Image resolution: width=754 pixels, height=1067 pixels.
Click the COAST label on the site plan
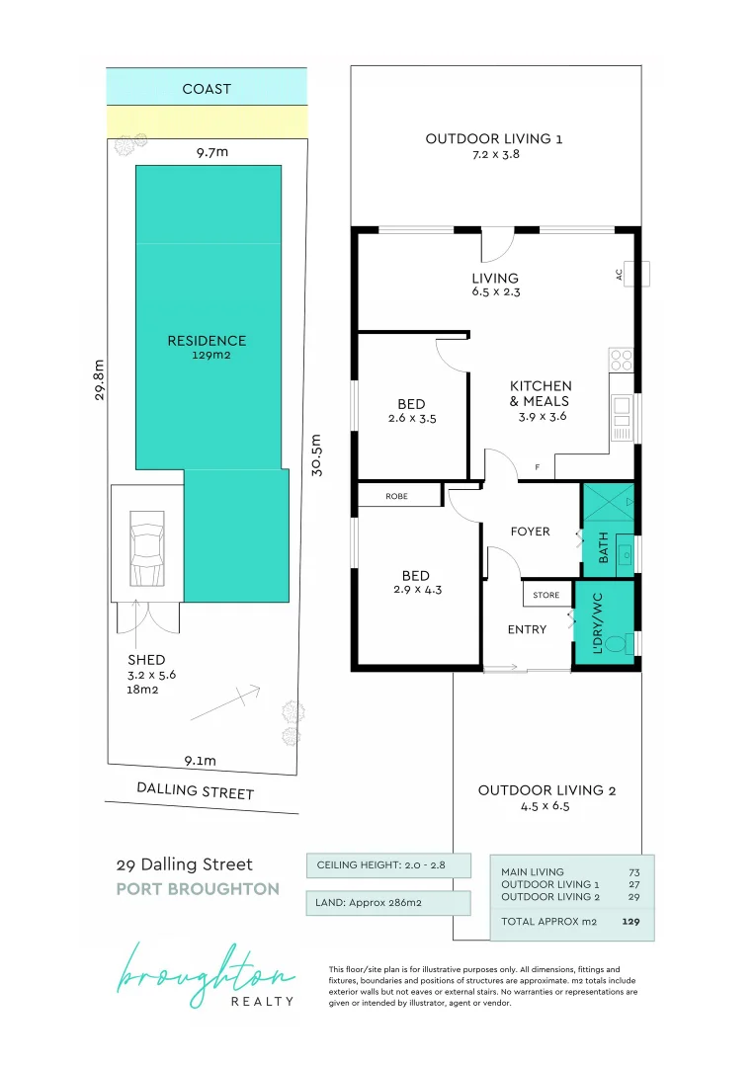[x=207, y=89]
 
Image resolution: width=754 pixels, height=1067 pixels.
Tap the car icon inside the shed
[x=147, y=548]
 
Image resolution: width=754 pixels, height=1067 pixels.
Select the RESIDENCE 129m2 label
[x=207, y=347]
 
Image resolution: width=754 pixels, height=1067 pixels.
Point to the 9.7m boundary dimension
[x=212, y=152]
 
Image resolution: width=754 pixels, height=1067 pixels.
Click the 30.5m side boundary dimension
[x=316, y=455]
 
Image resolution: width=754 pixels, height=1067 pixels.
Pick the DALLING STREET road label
[x=196, y=790]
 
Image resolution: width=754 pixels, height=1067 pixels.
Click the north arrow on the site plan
[x=225, y=703]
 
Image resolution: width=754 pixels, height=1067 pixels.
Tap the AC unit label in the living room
[x=619, y=275]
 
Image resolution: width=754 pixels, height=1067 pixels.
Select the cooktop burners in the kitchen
[x=621, y=360]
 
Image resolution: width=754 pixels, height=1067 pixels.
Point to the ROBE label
[x=396, y=497]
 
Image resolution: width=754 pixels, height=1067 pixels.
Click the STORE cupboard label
[x=545, y=595]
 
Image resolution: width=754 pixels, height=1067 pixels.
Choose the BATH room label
[x=603, y=547]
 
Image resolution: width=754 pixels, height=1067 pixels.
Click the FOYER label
[x=530, y=532]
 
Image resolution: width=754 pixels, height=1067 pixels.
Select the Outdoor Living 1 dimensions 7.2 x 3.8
[x=496, y=154]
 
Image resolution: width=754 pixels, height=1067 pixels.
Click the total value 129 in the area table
[x=630, y=922]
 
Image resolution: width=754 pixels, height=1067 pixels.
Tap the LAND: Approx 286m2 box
[x=388, y=903]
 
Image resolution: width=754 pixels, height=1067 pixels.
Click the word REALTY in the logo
[x=262, y=1001]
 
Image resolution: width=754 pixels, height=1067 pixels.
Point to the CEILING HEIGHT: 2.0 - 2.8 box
[x=388, y=864]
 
